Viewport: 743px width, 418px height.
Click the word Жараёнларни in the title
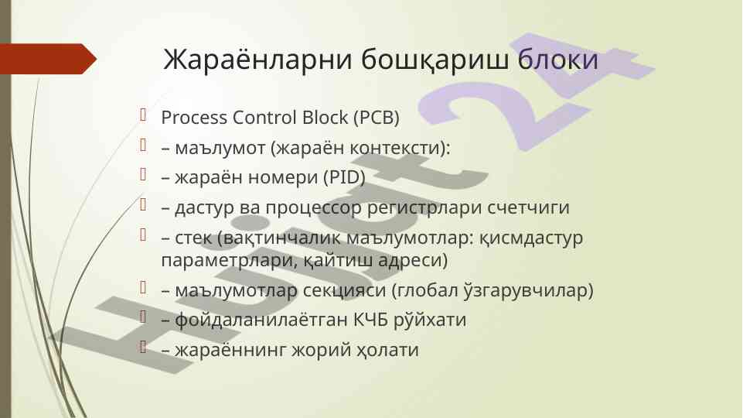point(257,60)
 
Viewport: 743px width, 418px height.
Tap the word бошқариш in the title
point(435,60)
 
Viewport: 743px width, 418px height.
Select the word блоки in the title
point(557,59)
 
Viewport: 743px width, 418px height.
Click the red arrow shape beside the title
point(49,59)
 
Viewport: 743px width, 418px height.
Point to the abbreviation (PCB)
point(377,118)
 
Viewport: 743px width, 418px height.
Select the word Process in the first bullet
point(194,118)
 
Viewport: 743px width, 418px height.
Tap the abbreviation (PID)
point(344,177)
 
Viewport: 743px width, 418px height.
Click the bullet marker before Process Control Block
point(143,115)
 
